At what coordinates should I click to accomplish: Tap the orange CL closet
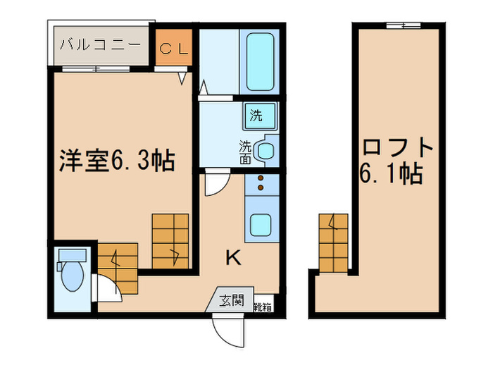(172, 48)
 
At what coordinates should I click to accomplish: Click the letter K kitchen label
(232, 259)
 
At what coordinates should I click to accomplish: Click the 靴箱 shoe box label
(263, 307)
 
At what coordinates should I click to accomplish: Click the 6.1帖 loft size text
(392, 173)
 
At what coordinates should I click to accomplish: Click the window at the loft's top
(403, 26)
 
